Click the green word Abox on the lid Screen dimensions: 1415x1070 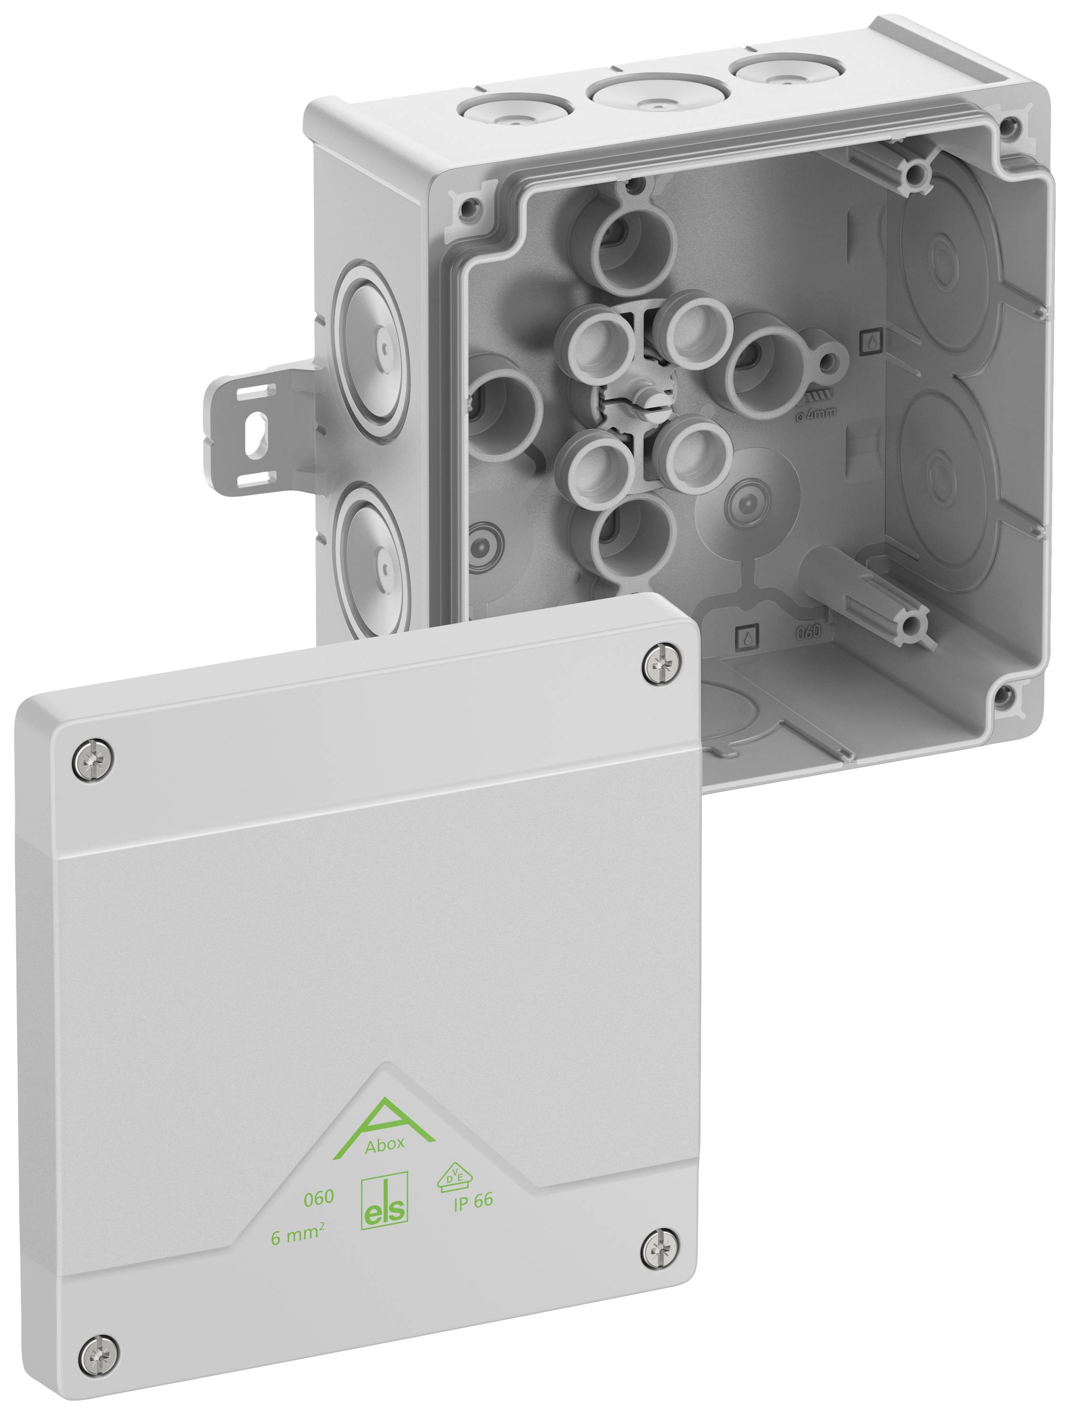385,1144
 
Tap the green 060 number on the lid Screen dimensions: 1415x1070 319,1197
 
